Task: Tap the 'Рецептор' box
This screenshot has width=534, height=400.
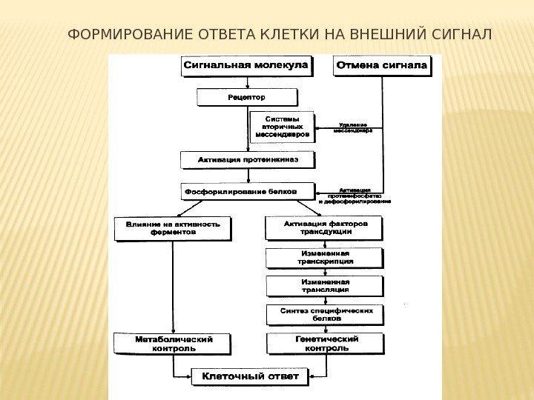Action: click(x=246, y=97)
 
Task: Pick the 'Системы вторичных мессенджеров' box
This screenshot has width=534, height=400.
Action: click(x=283, y=127)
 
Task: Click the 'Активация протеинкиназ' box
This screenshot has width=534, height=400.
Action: click(x=247, y=159)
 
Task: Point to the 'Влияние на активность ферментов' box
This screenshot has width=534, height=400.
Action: click(x=172, y=228)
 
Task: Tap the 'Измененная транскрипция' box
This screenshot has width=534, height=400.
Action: click(x=325, y=257)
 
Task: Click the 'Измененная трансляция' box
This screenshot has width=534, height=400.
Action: click(x=325, y=286)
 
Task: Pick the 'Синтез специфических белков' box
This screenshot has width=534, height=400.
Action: click(x=325, y=314)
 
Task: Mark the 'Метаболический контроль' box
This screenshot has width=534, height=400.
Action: click(x=173, y=343)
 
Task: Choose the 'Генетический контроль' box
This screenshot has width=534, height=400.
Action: click(x=325, y=343)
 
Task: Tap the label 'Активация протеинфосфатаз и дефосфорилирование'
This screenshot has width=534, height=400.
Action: click(x=354, y=196)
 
